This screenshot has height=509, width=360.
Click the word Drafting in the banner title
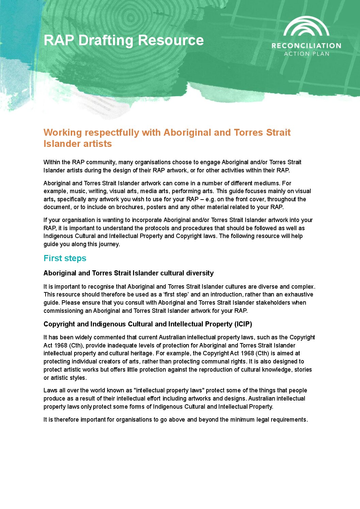[x=106, y=40]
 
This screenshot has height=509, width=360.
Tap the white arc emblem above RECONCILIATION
[x=306, y=27]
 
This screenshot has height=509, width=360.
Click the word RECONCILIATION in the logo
[x=306, y=46]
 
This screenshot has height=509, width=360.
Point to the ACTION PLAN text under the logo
[x=307, y=54]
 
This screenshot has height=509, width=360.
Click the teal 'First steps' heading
[x=65, y=258]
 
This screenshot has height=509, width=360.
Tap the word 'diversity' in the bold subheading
[x=200, y=273]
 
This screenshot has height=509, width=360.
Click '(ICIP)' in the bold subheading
[x=243, y=324]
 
